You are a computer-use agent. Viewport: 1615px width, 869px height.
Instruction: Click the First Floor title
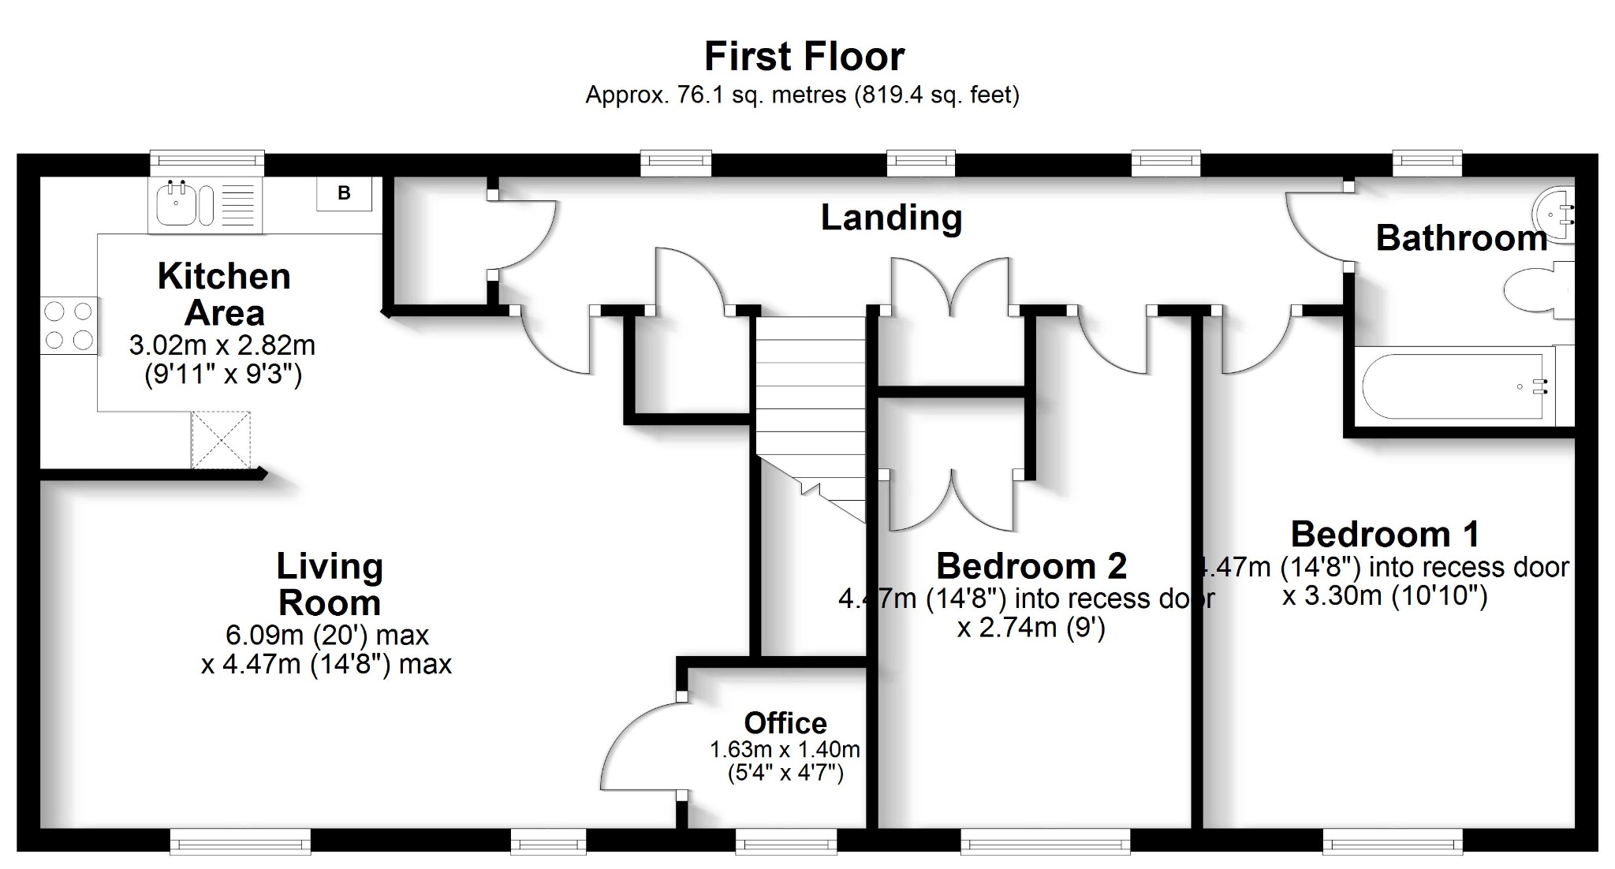pyautogui.click(x=804, y=57)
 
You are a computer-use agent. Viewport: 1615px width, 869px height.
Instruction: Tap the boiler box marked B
pyautogui.click(x=344, y=193)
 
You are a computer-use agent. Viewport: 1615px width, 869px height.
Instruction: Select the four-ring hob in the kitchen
pyautogui.click(x=69, y=326)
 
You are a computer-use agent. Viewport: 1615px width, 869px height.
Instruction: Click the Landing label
pyautogui.click(x=891, y=218)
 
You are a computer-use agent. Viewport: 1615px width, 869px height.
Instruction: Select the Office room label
pyautogui.click(x=785, y=723)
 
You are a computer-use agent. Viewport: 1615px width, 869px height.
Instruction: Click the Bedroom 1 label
pyautogui.click(x=1385, y=535)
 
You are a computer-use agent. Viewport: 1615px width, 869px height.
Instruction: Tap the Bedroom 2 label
pyautogui.click(x=1031, y=566)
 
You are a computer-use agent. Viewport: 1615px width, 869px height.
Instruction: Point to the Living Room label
pyautogui.click(x=330, y=584)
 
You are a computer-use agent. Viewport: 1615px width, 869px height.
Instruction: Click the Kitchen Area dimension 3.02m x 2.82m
pyautogui.click(x=222, y=345)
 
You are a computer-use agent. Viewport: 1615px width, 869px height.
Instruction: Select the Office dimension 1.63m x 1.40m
pyautogui.click(x=785, y=749)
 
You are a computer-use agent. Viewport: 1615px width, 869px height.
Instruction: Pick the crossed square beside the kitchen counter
pyautogui.click(x=221, y=440)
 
